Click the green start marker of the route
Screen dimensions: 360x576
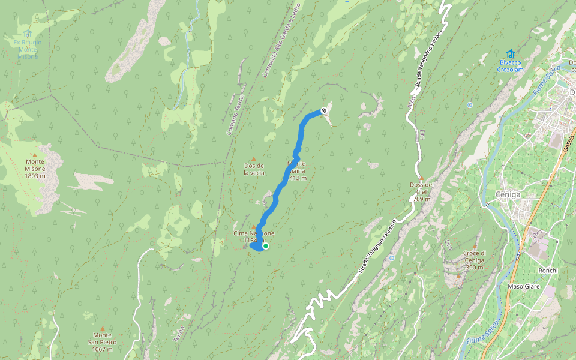[x=265, y=245]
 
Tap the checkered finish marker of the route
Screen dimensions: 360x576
[x=324, y=110]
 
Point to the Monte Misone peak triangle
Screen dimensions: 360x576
[x=43, y=146]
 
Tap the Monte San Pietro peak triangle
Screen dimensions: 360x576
[x=103, y=329]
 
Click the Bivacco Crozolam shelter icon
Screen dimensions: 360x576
[x=510, y=53]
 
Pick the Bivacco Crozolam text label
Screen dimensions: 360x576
[x=510, y=65]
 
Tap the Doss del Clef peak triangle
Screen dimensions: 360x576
[x=421, y=178]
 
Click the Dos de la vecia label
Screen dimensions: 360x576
[x=254, y=169]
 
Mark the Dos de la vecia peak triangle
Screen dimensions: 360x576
[x=253, y=159]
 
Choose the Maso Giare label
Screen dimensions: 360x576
[x=524, y=287]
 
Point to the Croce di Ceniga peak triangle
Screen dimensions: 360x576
[x=474, y=246]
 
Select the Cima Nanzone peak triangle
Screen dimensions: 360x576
[x=253, y=226]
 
